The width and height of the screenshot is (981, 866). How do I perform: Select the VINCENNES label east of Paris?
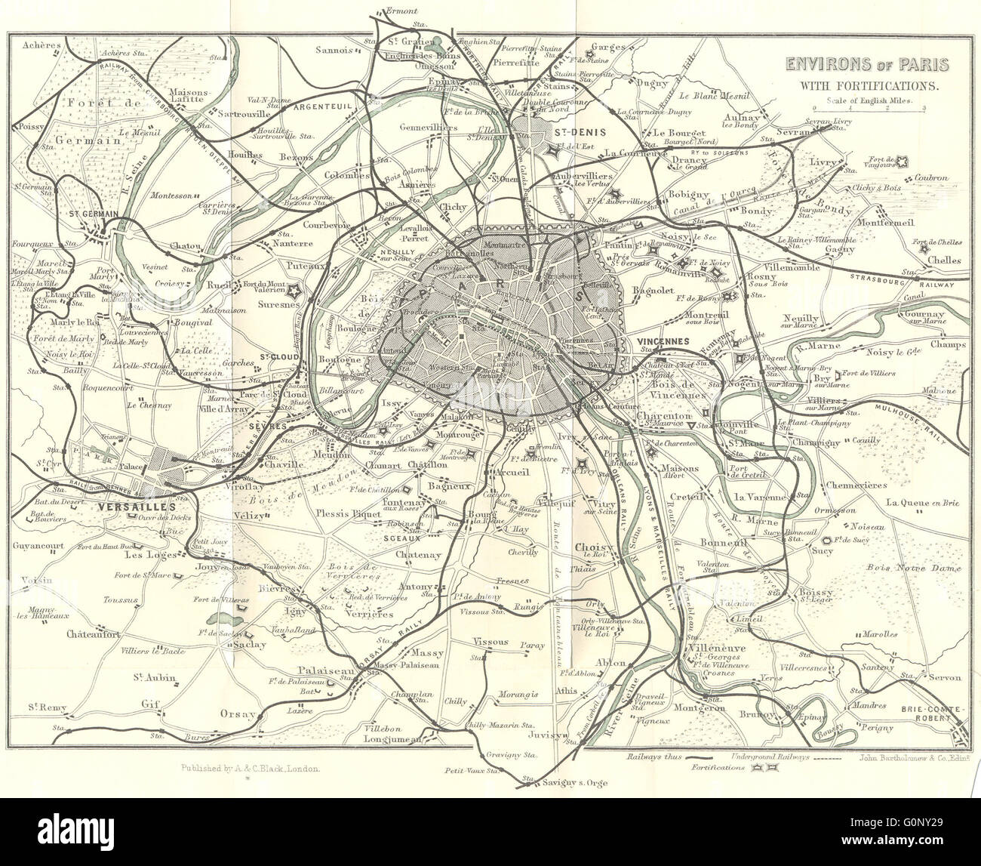coord(663,341)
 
